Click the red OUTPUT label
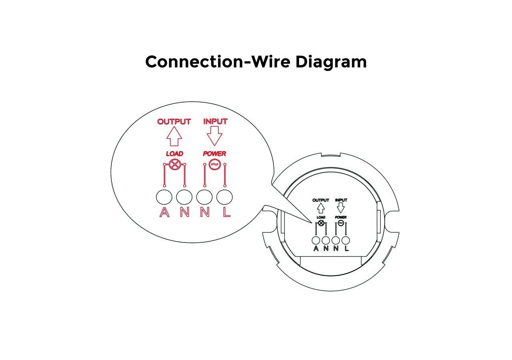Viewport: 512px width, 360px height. [x=174, y=121]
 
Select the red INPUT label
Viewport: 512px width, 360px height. [x=215, y=121]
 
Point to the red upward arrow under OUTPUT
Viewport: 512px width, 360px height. [x=174, y=136]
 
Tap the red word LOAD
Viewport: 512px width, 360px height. [x=174, y=154]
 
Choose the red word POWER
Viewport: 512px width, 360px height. [x=214, y=154]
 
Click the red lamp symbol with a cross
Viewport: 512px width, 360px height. [x=174, y=164]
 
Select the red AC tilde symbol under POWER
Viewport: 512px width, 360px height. [x=214, y=164]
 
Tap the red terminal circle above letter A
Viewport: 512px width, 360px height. [x=164, y=197]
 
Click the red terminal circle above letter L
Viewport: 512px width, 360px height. [x=225, y=197]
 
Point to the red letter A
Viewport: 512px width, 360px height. [x=164, y=212]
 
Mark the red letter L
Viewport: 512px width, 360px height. [x=226, y=212]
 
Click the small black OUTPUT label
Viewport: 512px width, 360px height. [x=320, y=200]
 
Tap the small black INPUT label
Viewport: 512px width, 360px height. [x=341, y=200]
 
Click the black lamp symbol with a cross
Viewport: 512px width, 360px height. [x=321, y=223]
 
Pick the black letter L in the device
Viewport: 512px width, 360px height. [x=346, y=248]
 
